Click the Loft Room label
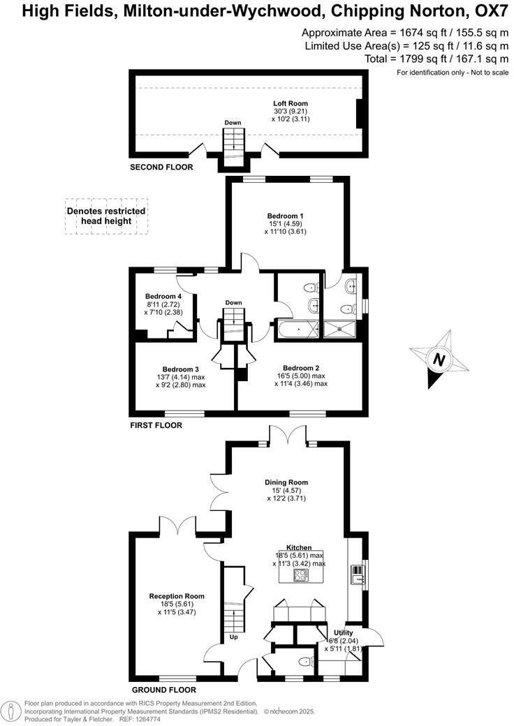tap(290, 103)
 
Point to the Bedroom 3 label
tap(181, 369)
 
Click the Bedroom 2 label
tap(301, 368)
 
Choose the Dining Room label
tap(286, 482)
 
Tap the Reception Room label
tap(177, 596)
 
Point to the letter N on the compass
tap(439, 360)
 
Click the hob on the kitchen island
tap(301, 575)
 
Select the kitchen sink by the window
tap(358, 573)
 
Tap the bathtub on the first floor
tap(299, 328)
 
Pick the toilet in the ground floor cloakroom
tap(304, 661)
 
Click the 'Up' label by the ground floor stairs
tap(233, 637)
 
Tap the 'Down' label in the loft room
tap(233, 123)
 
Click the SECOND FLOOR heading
tap(161, 168)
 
